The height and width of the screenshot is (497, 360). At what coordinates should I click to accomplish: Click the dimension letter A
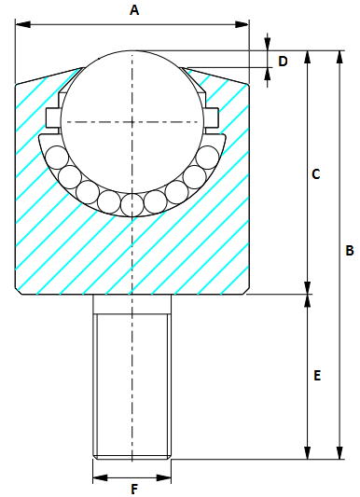click(133, 10)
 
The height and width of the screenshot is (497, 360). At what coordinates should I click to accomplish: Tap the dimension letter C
click(315, 173)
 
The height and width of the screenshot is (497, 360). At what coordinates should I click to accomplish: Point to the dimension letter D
click(284, 61)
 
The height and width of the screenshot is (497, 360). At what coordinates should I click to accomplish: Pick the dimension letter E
click(317, 376)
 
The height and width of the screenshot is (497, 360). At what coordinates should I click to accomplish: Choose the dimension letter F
click(133, 489)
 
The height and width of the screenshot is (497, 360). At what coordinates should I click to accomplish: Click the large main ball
click(132, 121)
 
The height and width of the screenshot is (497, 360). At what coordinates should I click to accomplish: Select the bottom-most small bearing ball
click(132, 204)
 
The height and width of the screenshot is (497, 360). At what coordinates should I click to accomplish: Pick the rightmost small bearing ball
click(208, 157)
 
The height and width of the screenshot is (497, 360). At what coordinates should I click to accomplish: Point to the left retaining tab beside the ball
click(52, 116)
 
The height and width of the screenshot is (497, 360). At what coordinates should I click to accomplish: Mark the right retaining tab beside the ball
click(212, 116)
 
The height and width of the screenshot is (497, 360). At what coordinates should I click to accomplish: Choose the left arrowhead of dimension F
click(98, 477)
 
